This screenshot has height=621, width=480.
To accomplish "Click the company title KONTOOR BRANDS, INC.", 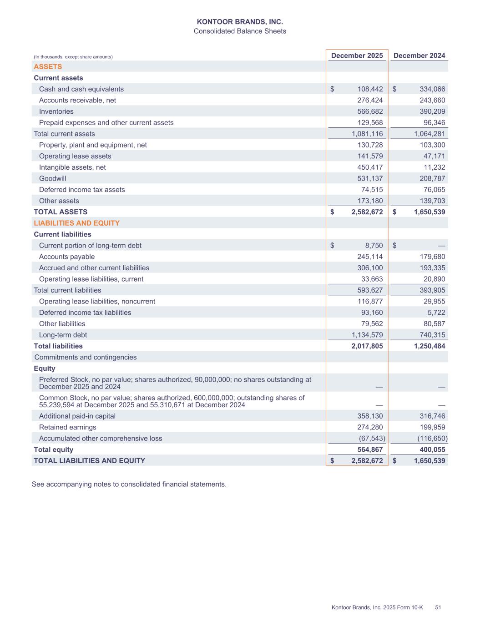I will (x=240, y=22).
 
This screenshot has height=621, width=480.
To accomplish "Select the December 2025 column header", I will (x=357, y=56).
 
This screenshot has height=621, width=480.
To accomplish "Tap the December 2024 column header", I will (x=419, y=56).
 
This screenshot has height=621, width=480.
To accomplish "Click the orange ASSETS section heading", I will (x=48, y=67).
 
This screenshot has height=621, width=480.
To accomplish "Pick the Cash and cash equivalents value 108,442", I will (x=367, y=89).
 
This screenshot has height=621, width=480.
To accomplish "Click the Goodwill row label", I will (x=52, y=178).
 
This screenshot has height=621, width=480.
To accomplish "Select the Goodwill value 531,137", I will (x=367, y=178).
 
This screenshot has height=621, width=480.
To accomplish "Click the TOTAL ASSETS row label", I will (x=61, y=212).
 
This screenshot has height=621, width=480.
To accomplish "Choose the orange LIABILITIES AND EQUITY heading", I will (x=76, y=223).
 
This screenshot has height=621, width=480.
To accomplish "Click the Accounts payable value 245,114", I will (x=367, y=257).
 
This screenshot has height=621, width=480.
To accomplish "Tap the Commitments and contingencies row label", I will (x=86, y=357).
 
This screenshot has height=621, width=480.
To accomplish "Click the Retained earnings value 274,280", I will (x=367, y=427).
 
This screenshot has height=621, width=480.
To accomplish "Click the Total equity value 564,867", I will (x=367, y=449).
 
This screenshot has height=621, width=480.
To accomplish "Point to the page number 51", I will (x=438, y=607).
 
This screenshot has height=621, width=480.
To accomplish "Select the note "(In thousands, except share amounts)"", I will (x=73, y=57).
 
